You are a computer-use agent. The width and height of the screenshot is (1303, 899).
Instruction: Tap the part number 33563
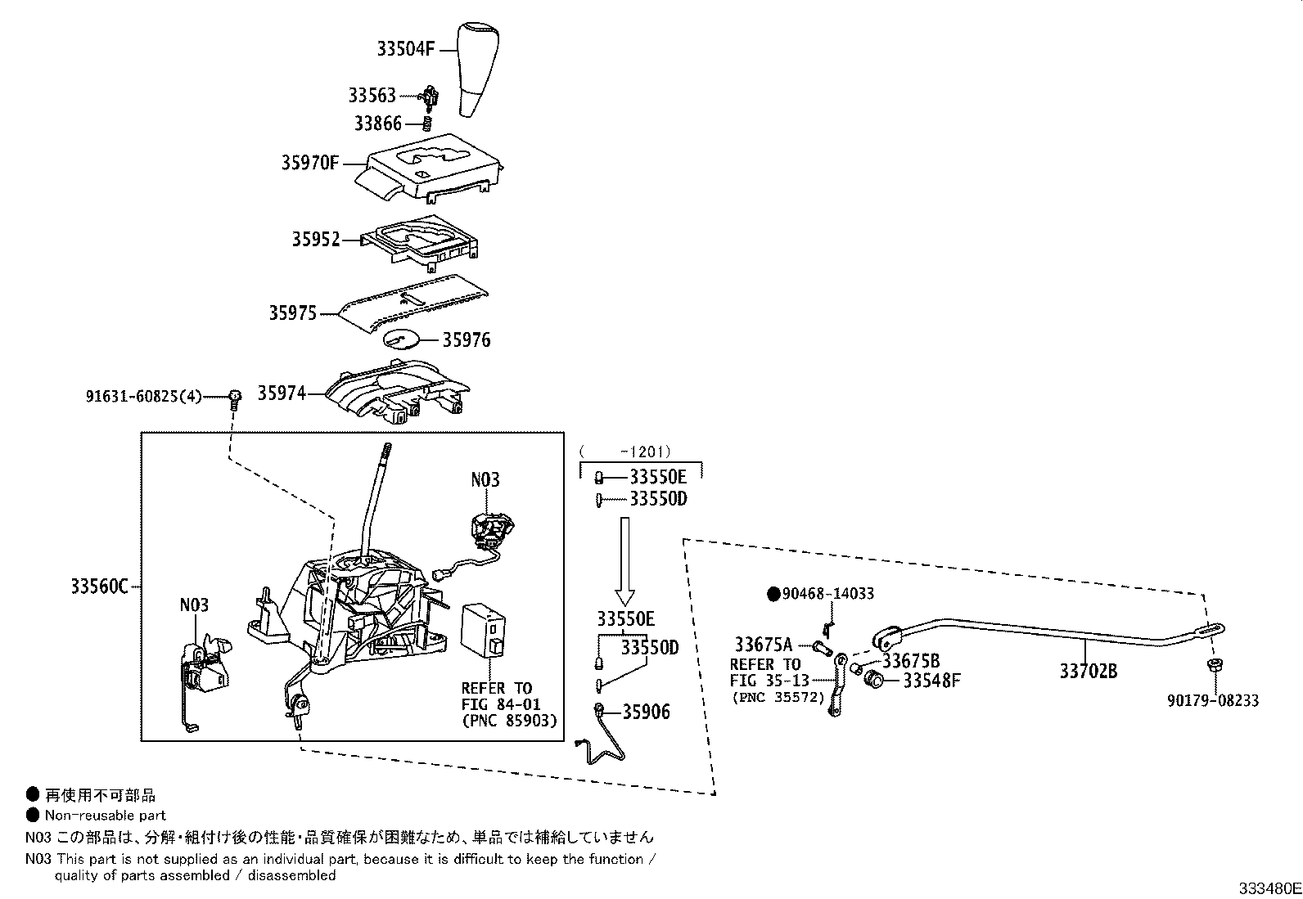click(x=372, y=96)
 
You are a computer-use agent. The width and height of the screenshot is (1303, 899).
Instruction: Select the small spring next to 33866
click(x=426, y=124)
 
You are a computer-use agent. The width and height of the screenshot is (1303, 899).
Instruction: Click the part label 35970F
click(x=309, y=162)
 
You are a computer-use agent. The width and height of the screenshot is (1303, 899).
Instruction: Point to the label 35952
click(x=316, y=240)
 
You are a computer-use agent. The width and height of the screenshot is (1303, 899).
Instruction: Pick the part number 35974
click(x=282, y=393)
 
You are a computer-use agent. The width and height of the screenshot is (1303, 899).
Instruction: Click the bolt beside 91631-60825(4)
click(x=235, y=398)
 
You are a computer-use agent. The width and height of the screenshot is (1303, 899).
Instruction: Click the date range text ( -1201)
click(x=625, y=451)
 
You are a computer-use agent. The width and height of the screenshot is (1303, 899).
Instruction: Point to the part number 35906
click(x=646, y=712)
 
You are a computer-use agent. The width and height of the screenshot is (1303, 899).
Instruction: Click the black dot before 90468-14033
click(x=773, y=594)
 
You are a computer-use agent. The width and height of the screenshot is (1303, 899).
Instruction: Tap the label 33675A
click(x=763, y=644)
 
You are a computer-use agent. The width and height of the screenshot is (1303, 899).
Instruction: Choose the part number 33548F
click(x=931, y=680)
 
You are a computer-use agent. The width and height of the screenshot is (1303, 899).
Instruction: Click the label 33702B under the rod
click(x=1089, y=672)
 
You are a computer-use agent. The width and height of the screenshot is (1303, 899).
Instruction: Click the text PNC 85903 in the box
click(x=509, y=721)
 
